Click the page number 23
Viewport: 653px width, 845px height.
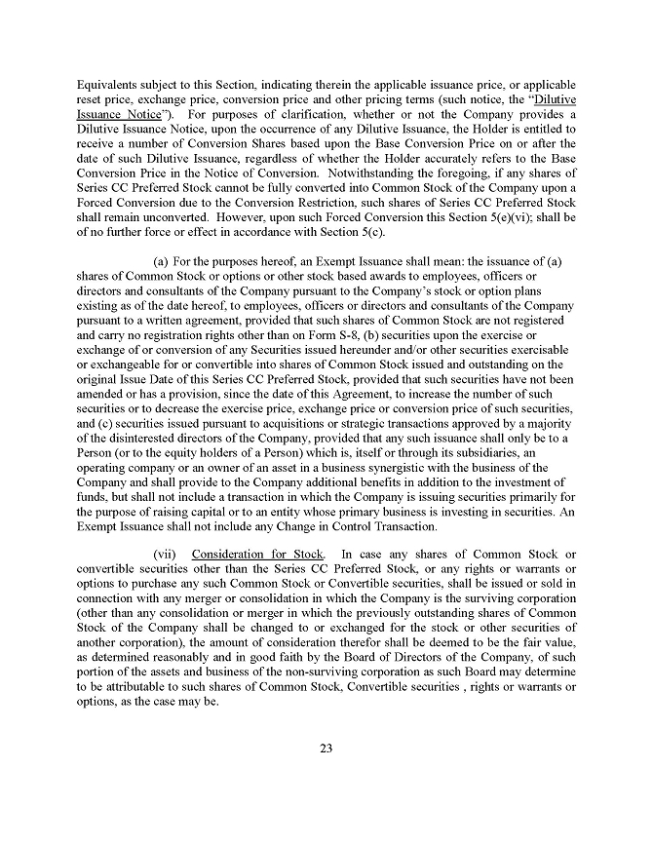point(326,749)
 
